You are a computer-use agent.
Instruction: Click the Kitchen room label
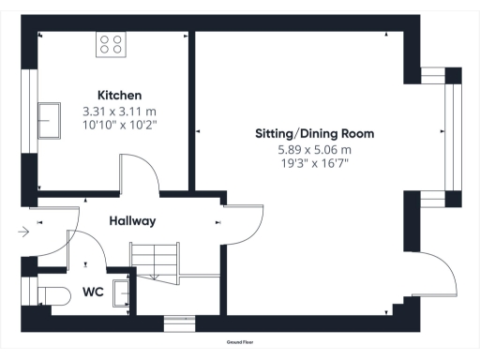coord(119,96)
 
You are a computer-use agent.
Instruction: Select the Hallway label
coord(132,221)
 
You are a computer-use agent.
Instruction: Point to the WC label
coord(92,292)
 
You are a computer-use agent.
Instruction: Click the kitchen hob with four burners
coord(112,43)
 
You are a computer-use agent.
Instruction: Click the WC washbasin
coord(121,292)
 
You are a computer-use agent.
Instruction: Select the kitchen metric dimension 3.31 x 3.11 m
coord(119,112)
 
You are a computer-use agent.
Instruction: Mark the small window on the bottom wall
coord(178,323)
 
